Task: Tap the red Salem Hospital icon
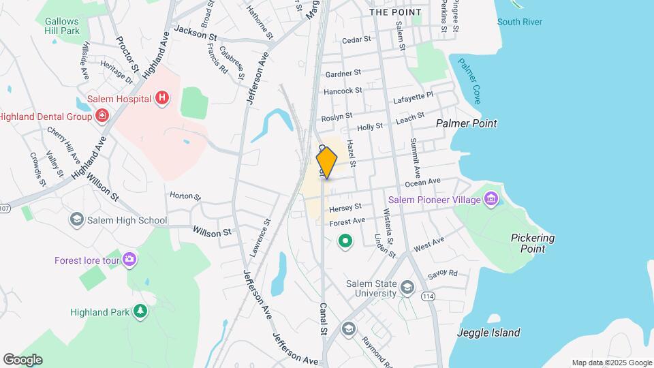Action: click(162, 98)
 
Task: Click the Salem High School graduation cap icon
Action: click(76, 219)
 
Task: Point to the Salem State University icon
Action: click(407, 288)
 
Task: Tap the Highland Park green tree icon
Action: click(140, 312)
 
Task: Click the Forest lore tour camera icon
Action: click(129, 260)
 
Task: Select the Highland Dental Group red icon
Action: click(102, 116)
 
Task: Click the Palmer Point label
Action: click(467, 123)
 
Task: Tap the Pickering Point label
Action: click(533, 243)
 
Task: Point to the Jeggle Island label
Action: click(489, 333)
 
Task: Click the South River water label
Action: click(520, 22)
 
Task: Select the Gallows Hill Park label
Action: click(62, 26)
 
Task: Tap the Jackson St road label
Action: click(195, 31)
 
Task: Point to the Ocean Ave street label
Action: click(424, 182)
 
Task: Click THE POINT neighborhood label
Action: click(395, 12)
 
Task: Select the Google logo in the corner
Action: click(22, 359)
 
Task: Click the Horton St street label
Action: click(185, 196)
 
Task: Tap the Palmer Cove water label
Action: click(469, 80)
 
